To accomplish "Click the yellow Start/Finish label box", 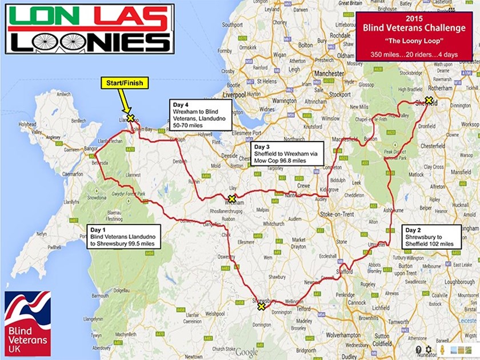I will coord(125,83).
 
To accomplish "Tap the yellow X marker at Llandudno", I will coord(130,118).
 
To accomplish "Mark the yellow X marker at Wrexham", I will coord(231,199).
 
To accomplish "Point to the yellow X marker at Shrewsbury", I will coord(261,306).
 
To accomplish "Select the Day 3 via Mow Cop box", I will coord(287,154).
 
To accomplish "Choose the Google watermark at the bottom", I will coord(246,351).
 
